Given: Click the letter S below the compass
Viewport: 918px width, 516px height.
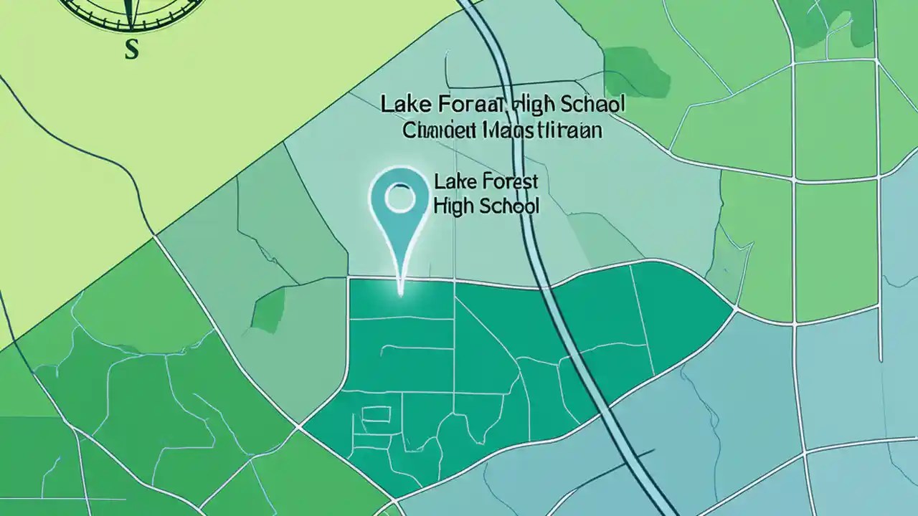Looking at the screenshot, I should click(x=131, y=49).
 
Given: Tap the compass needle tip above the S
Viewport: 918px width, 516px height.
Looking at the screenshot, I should click(x=131, y=27).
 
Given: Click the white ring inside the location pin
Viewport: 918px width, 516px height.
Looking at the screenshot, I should click(x=400, y=198).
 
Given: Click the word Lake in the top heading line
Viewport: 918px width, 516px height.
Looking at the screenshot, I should click(x=402, y=105).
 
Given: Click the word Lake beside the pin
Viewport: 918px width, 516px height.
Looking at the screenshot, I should click(x=451, y=182).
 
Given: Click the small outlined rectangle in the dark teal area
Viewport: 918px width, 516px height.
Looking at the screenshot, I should click(x=374, y=414).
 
